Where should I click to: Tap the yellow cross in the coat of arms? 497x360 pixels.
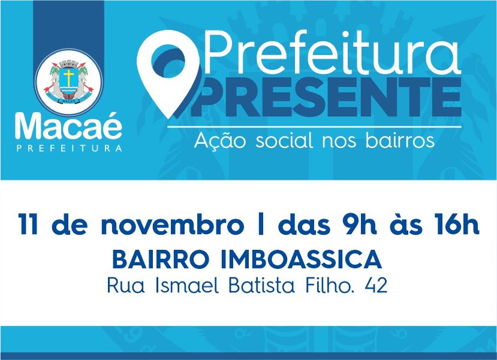point(68,78)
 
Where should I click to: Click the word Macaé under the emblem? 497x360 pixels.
point(68,126)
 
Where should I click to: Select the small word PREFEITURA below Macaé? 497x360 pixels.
point(70,148)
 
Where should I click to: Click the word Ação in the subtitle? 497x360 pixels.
point(220,140)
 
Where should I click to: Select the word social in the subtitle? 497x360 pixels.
point(286,140)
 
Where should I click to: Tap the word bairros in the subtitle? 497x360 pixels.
point(400,140)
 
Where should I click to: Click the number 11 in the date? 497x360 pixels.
point(28,224)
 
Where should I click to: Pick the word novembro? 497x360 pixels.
point(173,224)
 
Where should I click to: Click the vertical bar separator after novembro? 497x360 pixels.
point(261,224)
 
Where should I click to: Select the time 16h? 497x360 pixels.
point(457,224)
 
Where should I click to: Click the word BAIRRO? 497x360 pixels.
point(161,259)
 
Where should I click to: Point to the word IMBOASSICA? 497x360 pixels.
point(301,259)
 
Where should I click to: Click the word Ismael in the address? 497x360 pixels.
point(187,285)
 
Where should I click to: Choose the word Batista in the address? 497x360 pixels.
point(262,285)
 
